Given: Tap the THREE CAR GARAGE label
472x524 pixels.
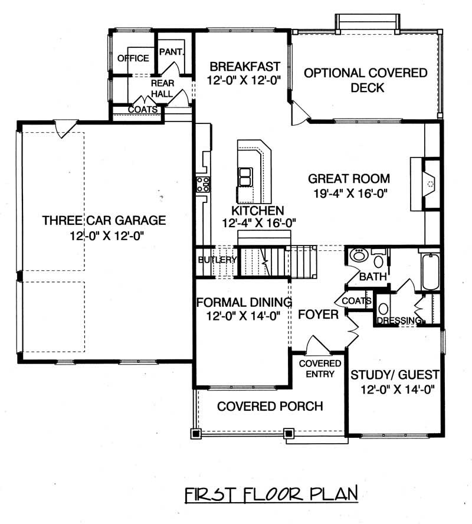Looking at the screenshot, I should pos(104,221).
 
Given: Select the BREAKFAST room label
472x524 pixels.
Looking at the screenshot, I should pos(243,66).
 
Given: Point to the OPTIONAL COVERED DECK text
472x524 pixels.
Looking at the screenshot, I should pos(366,80).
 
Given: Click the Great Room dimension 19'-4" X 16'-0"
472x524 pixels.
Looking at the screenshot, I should pos(349,192).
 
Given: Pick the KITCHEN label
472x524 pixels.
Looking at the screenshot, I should pos(257,211).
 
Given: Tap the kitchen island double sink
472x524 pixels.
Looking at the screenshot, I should pos(245,176).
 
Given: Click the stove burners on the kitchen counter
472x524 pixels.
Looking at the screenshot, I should pos(203,184).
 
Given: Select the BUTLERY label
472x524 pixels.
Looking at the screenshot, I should pos(217,260).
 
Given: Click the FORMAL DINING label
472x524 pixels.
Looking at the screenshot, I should pos(244,303).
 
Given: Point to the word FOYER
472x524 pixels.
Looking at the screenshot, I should pos(318,315).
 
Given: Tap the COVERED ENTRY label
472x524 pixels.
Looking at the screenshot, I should pos(320,368).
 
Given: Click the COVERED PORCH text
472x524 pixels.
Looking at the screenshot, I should pos(270,406).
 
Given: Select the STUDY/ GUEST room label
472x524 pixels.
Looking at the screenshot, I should pos(395,374).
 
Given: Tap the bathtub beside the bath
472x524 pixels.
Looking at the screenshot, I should pos(431,271).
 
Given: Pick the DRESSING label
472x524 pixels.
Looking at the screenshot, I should pos(399,320).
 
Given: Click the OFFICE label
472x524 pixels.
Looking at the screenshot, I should pos(133,58).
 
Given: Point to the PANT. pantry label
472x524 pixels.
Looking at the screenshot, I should pos(172,52).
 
